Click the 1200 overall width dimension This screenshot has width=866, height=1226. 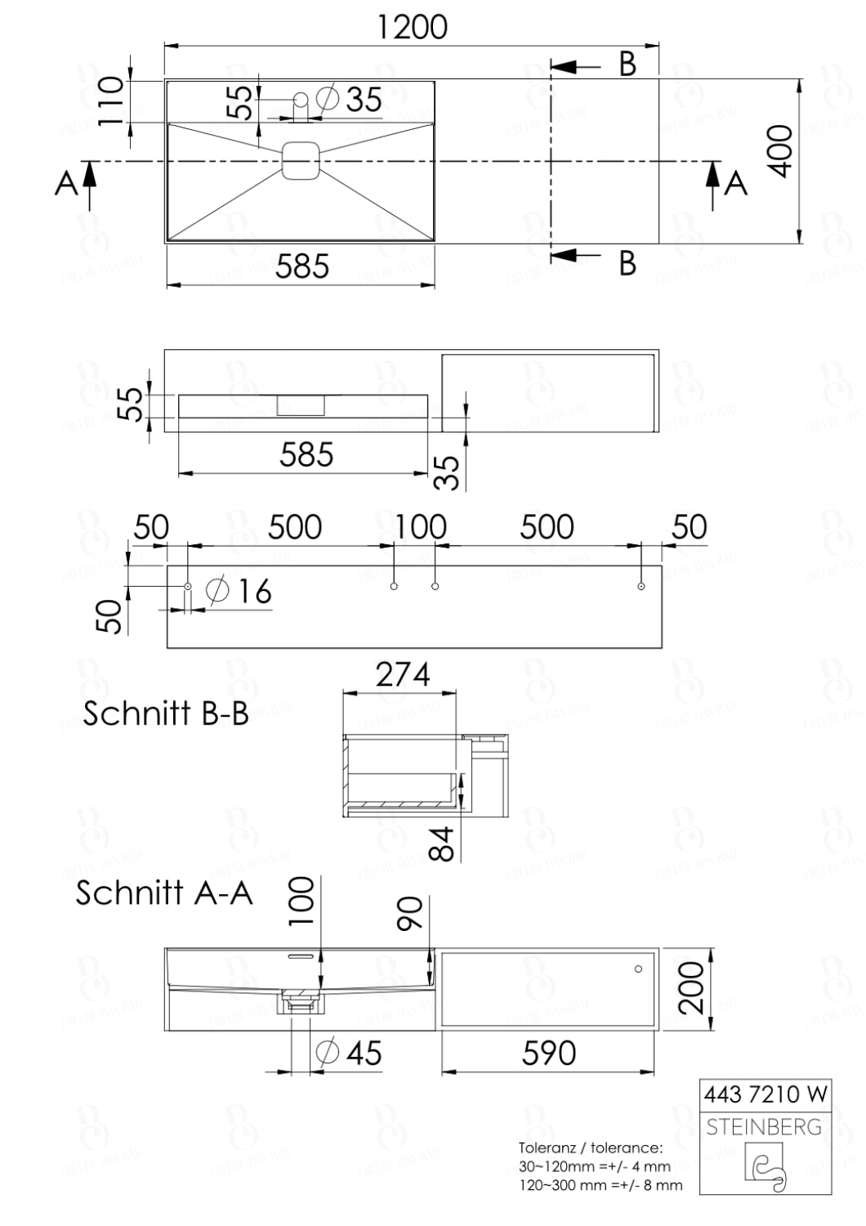tap(412, 27)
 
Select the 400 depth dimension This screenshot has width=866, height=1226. tap(782, 151)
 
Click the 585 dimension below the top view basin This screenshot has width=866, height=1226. tap(301, 266)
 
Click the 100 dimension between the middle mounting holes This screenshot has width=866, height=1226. tap(421, 527)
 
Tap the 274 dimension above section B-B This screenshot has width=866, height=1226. tap(402, 675)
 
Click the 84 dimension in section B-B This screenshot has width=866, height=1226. tap(442, 843)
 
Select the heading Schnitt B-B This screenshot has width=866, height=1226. tap(166, 714)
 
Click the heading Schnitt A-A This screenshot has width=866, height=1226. tap(164, 892)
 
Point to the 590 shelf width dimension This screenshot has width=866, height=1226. tap(549, 1054)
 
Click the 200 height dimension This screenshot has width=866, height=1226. tap(693, 987)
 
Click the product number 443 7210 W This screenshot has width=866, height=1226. tap(766, 1094)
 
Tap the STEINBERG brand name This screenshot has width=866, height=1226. tap(764, 1127)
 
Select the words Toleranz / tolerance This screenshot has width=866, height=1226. tap(590, 1148)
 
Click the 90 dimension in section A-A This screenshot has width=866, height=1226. tap(409, 913)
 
